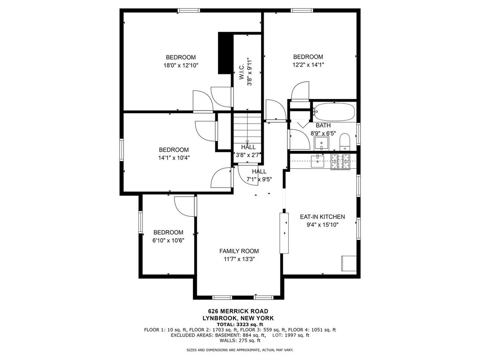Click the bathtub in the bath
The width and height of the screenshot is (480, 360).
(334, 112)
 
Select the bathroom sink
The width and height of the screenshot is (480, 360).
(321, 143)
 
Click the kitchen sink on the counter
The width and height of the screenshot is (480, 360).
(318, 161)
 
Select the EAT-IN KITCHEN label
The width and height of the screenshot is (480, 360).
(322, 217)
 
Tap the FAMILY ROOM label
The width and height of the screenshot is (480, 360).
(239, 251)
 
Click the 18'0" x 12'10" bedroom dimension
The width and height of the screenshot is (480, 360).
(181, 65)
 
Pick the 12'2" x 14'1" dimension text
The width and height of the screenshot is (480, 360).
(308, 64)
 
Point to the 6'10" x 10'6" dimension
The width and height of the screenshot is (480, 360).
(168, 240)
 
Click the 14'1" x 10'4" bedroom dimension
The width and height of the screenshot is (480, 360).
(174, 158)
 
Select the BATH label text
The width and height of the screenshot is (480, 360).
(323, 125)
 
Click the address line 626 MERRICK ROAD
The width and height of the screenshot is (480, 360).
(238, 312)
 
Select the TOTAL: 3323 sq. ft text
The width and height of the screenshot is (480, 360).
(240, 325)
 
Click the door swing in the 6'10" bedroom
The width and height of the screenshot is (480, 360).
(184, 206)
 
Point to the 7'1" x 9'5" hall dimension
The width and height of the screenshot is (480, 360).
(259, 180)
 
